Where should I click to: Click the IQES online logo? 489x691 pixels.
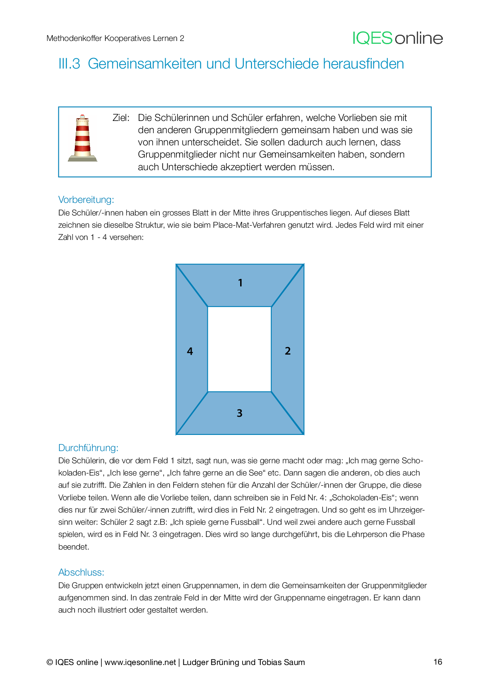pos(398,38)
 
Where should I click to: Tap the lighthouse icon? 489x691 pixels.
pos(82,138)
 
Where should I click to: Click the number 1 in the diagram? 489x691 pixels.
pos(240,283)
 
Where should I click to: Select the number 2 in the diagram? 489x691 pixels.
pos(287,351)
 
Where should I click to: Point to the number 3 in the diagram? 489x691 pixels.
pos(239,413)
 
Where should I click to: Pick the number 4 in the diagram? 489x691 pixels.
pos(190,351)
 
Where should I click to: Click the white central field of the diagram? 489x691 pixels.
pos(239,349)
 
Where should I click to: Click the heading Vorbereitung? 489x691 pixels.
pos(86,200)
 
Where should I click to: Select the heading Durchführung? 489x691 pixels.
pos(88,448)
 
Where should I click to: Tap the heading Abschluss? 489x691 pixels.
pos(81,572)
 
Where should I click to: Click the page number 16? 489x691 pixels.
pos(438,662)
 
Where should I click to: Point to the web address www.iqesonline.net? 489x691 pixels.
pos(140,662)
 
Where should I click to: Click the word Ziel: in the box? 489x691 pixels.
pos(121,118)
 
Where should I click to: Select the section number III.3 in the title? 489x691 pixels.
pos(69,64)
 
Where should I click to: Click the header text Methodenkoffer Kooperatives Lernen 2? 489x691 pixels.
pos(115,38)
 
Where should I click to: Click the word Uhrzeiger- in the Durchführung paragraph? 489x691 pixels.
pos(407,510)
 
